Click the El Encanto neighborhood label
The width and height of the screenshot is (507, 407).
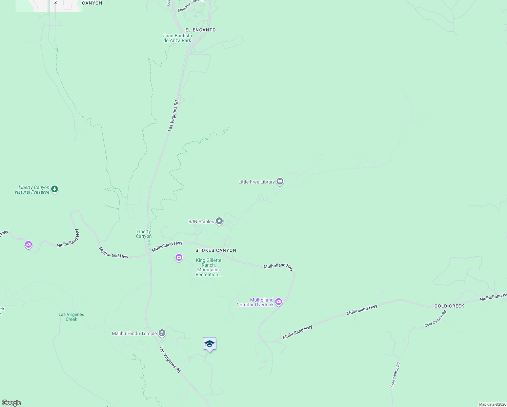coord(200,30)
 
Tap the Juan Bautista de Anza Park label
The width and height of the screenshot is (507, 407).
coord(177,38)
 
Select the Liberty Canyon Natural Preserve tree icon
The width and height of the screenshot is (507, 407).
coord(55,189)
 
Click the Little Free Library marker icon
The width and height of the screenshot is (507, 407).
coord(280,181)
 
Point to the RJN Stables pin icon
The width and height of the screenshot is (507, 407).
coord(219,221)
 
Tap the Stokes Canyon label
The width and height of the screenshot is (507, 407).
coord(216,250)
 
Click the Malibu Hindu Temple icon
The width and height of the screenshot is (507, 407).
coord(162,333)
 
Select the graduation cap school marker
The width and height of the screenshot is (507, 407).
coord(209,344)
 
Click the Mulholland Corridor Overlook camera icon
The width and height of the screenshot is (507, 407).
coord(279,302)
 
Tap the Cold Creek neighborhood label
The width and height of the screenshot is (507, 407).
coord(449,306)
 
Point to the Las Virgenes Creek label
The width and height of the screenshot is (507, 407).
coord(71,317)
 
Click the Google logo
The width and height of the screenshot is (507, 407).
coord(12,403)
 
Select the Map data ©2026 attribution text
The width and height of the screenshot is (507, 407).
coord(492,404)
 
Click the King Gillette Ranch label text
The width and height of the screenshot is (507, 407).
coord(208,267)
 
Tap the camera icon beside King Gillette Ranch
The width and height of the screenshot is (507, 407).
coord(179,258)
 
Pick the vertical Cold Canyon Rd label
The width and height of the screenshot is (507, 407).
coord(395,375)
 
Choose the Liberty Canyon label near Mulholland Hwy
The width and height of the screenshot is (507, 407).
coord(144,234)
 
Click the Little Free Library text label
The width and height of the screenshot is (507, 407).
coord(256,182)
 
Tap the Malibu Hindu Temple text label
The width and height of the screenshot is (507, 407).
coord(134,333)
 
